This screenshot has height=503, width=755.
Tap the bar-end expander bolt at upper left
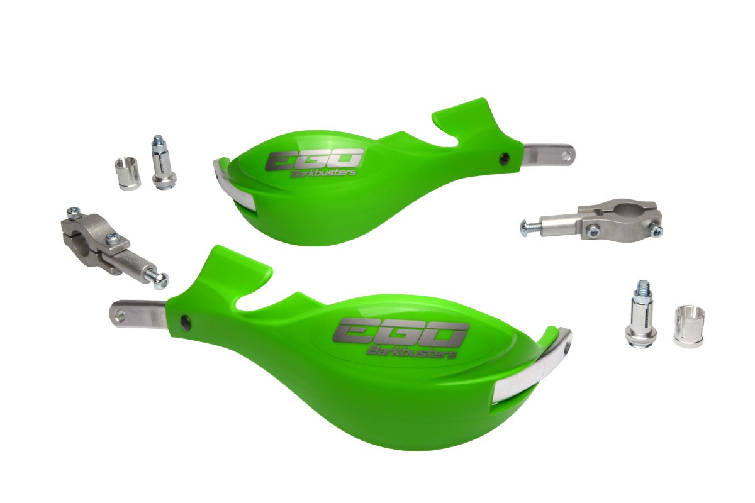point(163,162)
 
